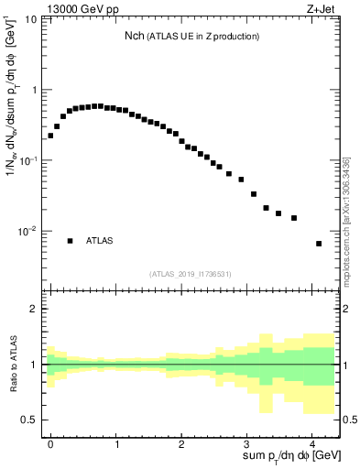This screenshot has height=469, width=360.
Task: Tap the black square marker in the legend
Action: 70,241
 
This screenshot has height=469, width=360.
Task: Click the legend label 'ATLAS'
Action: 100,241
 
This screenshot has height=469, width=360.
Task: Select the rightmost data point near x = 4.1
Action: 318,244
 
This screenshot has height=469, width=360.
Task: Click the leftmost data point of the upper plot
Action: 50,136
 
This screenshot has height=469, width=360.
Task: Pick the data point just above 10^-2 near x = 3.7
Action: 293,218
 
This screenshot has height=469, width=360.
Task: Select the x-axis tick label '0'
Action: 50,442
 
